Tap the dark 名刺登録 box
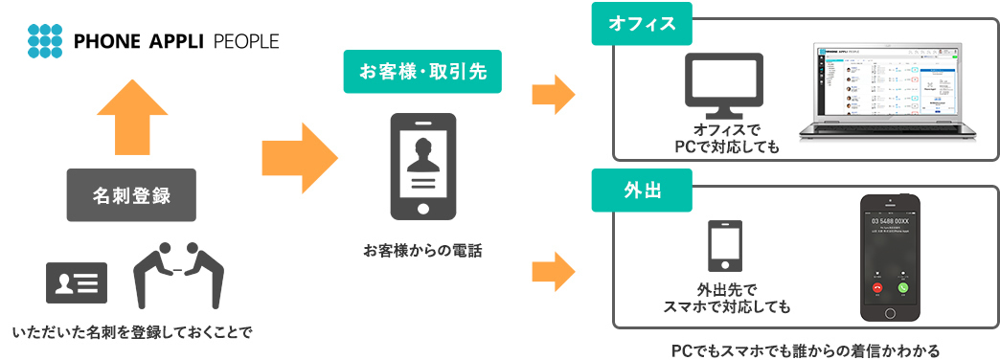click(131, 196)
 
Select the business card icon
click(77, 283)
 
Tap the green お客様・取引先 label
click(421, 73)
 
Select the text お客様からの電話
click(422, 251)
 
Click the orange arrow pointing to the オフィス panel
click(553, 95)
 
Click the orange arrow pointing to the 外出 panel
click(553, 270)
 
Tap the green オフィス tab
click(641, 25)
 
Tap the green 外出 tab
click(641, 188)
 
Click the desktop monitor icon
click(725, 84)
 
